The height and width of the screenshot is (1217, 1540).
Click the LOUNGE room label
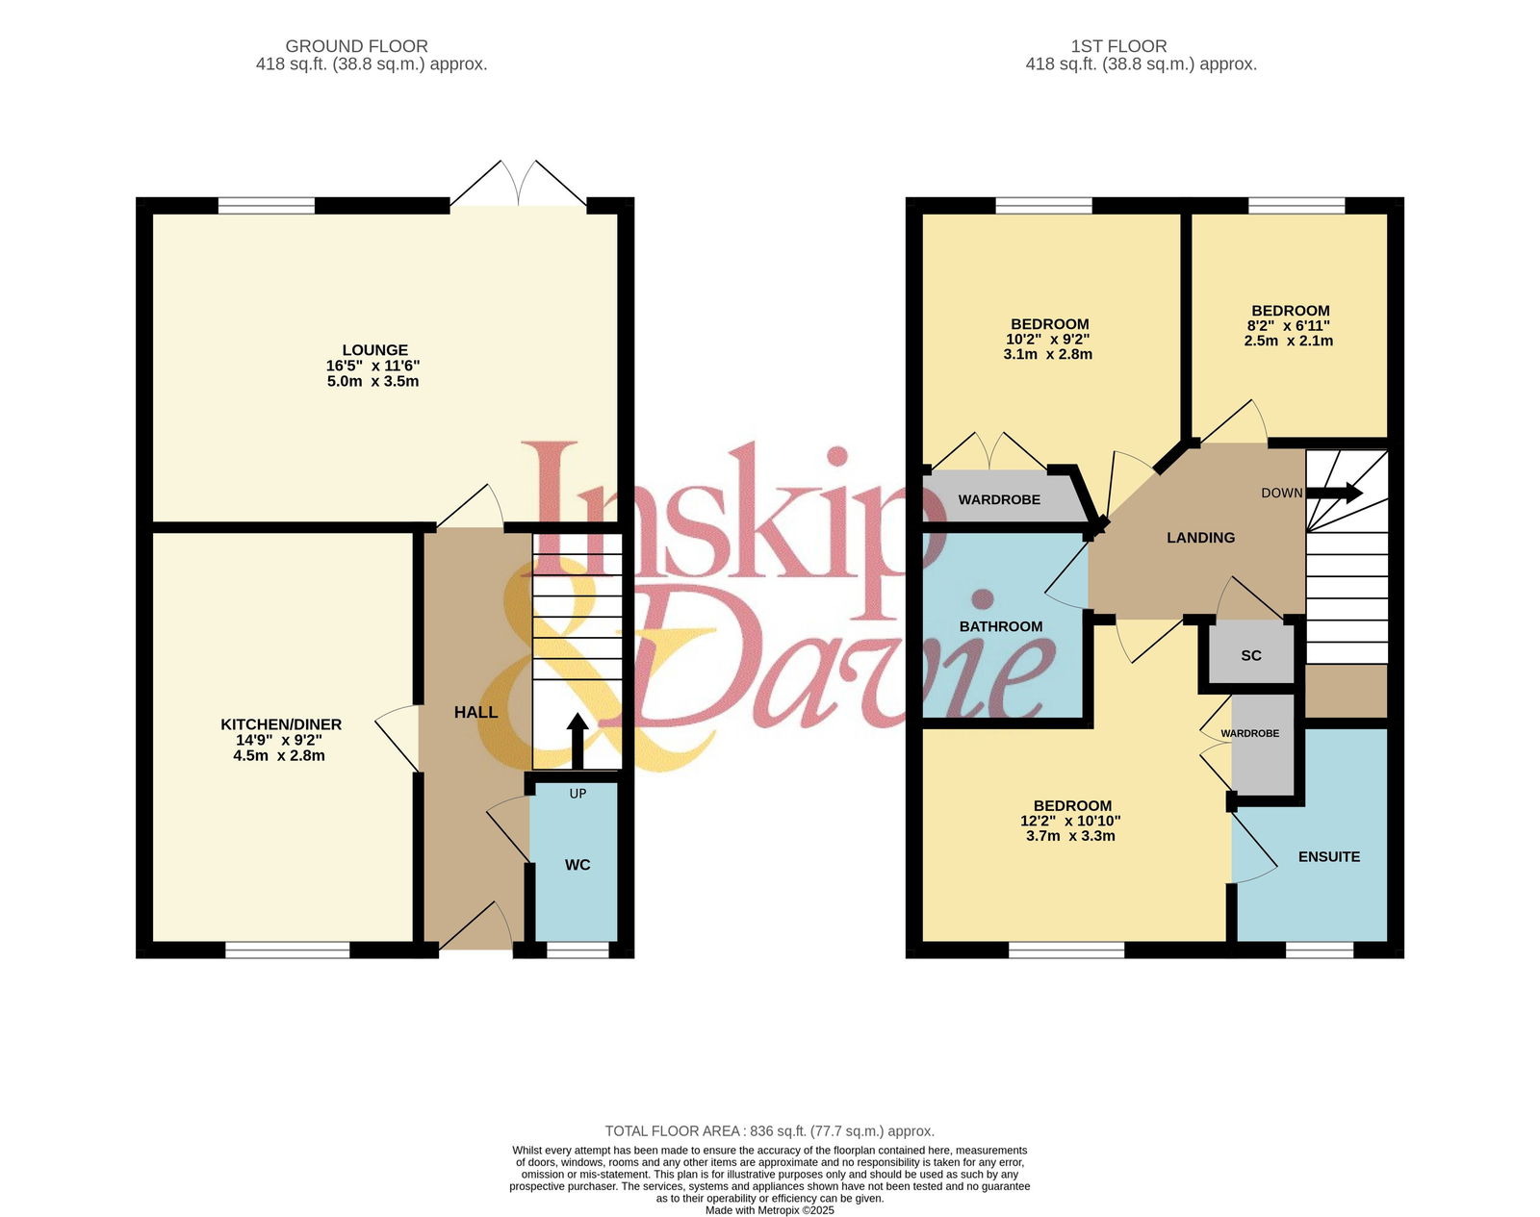[x=374, y=350]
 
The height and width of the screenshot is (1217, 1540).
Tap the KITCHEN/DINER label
[x=280, y=724]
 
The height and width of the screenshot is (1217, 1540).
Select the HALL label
[x=475, y=712]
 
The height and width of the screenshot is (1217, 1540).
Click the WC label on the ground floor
[x=577, y=864]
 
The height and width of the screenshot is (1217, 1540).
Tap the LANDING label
[x=1201, y=538]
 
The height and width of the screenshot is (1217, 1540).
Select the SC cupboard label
[x=1251, y=655]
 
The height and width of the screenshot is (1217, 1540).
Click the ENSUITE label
[x=1329, y=856]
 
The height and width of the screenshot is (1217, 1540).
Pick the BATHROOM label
[x=1000, y=626]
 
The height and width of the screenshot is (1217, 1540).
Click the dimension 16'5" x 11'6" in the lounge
[x=372, y=366]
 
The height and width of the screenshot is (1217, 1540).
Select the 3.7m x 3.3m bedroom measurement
[x=1070, y=836]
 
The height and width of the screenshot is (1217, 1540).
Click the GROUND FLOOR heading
[x=356, y=46]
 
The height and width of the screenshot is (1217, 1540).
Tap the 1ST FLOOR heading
[x=1118, y=46]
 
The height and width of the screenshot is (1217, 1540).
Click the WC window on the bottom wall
[x=577, y=950]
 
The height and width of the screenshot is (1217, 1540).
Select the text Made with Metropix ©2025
[x=769, y=1210]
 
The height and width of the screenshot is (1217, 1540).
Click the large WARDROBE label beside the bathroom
[x=999, y=499]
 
